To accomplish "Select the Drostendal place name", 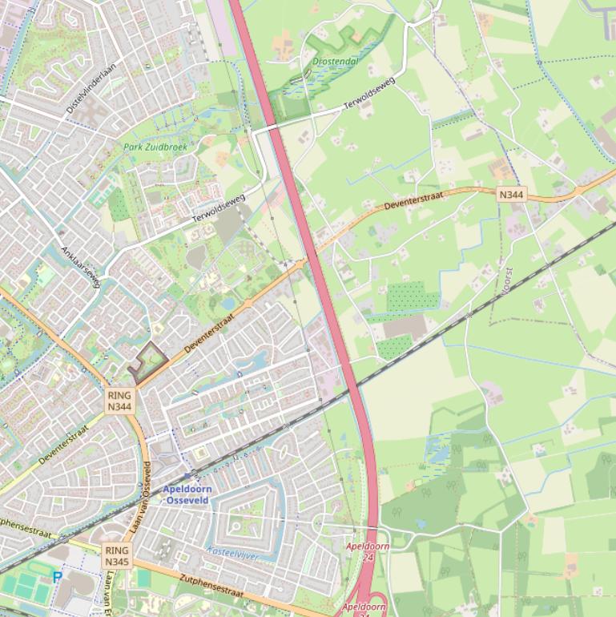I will pos(335,61).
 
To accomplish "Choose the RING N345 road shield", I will pos(116,556).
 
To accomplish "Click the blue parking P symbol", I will pos(57,576).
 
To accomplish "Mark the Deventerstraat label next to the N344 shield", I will pos(421,200).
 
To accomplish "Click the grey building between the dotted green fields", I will pos(405,327).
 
